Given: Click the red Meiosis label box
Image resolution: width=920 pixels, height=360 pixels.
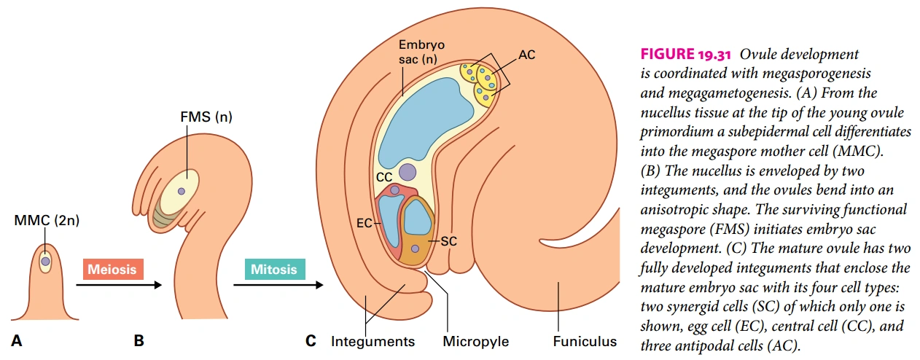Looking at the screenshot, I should pos(112,269).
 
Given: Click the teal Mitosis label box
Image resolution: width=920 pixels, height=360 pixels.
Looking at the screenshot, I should pos(273,269).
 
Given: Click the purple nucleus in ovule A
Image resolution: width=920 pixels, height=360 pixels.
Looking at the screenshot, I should pos(45,261).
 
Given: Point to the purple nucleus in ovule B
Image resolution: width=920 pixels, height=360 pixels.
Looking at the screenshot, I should pos(181,192).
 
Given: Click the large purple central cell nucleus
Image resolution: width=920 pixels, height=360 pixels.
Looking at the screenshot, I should pos(408,172).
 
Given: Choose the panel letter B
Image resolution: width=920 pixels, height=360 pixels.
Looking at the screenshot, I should pos(139,340).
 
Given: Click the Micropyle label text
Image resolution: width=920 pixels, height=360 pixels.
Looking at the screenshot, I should pos(476,341).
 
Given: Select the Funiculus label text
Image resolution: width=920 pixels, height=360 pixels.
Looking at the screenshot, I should pos(584,341).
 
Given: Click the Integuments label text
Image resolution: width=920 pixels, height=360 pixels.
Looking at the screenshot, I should pos(373,341).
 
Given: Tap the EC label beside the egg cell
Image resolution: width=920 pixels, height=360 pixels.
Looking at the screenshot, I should pos(364,223).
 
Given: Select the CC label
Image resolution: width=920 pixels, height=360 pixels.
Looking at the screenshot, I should pos(384,176).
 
